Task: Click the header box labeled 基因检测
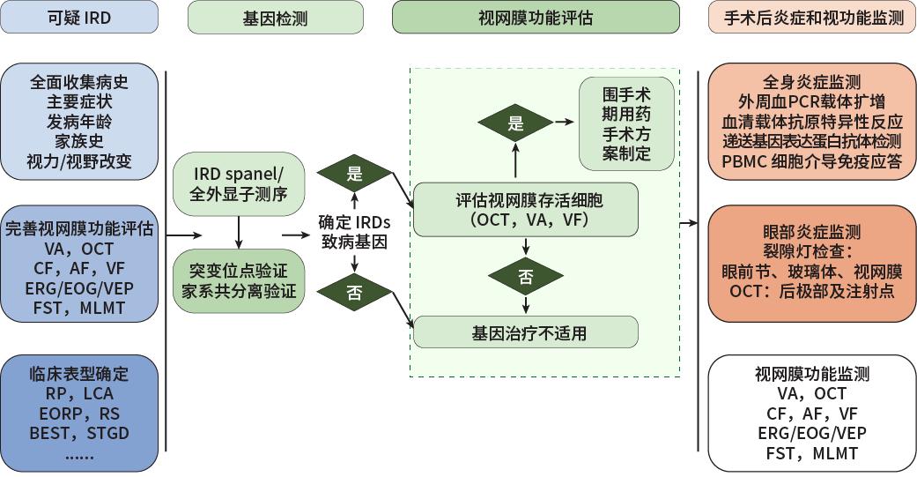point(275,18)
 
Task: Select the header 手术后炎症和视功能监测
point(811,18)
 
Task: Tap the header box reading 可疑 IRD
point(80,18)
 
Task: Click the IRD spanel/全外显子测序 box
point(239,183)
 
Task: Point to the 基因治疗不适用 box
point(526,332)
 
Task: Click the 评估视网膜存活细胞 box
point(526,208)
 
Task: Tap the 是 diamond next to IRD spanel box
point(355,175)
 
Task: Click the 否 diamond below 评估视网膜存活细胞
point(526,276)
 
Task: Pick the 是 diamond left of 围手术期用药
point(516,123)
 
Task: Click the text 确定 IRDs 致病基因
point(354,230)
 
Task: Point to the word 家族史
point(79,142)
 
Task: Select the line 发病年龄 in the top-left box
point(79,122)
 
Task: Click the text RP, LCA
point(79,392)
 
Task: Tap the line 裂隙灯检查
point(811,252)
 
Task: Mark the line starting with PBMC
point(811,160)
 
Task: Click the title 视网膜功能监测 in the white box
point(811,374)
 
